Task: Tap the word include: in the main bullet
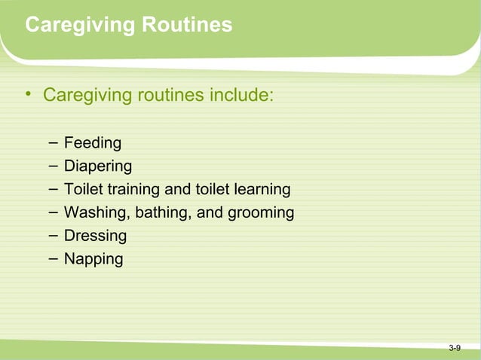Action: [240, 96]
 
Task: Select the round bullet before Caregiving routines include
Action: [27, 95]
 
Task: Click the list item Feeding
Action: [92, 142]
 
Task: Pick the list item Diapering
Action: [97, 166]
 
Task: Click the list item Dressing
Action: [95, 236]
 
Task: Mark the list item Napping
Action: [93, 259]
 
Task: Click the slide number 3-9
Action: [455, 348]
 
